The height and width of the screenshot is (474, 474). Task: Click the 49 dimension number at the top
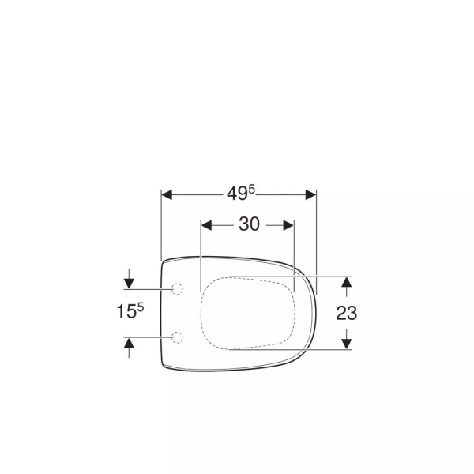click(237, 194)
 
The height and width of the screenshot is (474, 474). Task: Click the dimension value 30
click(249, 224)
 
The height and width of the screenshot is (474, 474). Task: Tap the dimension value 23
click(347, 313)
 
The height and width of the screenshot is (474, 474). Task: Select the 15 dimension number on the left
click(126, 311)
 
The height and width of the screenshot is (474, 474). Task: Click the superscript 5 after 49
click(252, 190)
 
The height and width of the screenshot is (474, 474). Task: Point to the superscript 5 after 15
click(141, 308)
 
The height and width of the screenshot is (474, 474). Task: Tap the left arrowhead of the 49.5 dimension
click(167, 195)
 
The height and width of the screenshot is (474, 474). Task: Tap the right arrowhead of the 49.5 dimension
click(310, 195)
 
